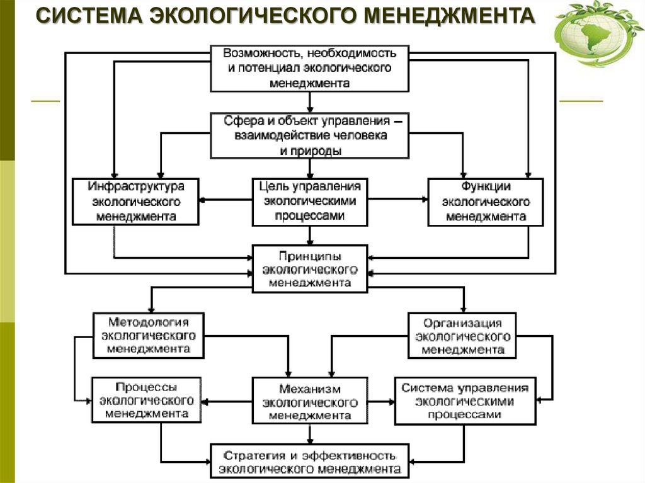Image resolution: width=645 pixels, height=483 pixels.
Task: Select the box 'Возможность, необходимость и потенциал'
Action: coord(309,67)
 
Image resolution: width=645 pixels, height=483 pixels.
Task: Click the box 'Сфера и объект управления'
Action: coord(309,135)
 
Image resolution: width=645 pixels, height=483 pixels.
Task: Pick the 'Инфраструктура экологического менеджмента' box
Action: coord(135,202)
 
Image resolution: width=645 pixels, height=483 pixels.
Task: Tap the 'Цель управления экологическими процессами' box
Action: coord(310,202)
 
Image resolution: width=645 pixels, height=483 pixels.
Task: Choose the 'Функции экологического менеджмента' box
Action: coord(486,202)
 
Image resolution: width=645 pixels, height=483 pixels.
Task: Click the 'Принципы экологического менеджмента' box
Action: coord(310,269)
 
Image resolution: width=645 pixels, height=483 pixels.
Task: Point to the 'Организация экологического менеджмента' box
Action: coord(462,335)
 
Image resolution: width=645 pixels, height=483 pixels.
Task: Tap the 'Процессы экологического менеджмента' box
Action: coord(146,400)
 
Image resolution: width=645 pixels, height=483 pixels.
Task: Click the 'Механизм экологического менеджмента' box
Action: coord(310,400)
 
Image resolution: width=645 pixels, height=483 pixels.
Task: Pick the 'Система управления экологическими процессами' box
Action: coord(465,401)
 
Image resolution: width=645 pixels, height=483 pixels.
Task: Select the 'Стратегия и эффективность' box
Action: coord(309,461)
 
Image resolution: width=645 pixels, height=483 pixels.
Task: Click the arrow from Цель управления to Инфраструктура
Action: coord(225,201)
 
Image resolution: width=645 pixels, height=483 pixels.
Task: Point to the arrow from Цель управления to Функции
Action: coord(397,201)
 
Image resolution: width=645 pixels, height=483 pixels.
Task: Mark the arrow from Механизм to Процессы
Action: coord(227,401)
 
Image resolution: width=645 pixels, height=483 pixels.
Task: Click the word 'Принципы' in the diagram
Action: coord(310,257)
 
